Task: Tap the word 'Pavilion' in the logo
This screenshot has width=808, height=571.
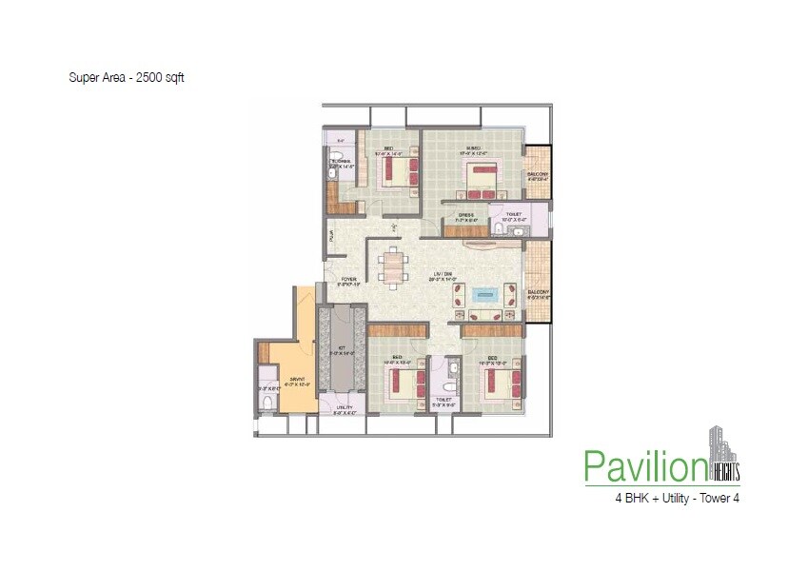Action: tap(644, 467)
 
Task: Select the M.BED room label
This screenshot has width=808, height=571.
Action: tap(472, 148)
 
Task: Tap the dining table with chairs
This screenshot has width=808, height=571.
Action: tap(393, 266)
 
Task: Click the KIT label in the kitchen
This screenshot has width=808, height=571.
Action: tap(340, 348)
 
